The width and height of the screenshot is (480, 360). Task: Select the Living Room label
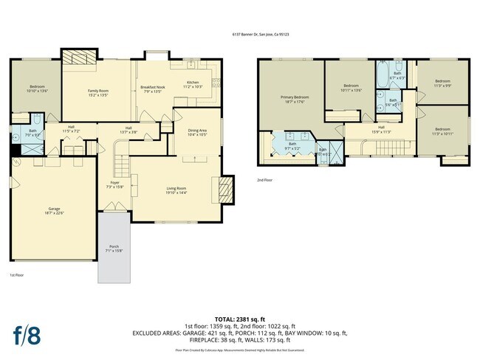click(x=176, y=190)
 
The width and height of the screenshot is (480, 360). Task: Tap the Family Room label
click(x=98, y=92)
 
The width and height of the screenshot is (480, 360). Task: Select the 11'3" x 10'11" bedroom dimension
click(x=442, y=133)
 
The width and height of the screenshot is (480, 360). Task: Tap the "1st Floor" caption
click(x=17, y=274)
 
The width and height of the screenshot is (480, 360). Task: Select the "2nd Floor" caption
click(x=264, y=179)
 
